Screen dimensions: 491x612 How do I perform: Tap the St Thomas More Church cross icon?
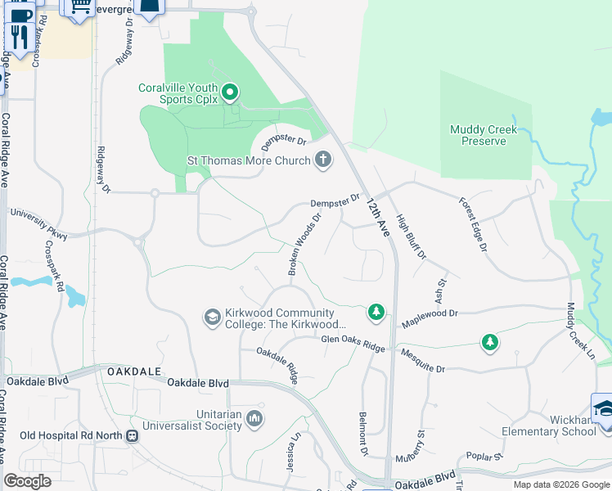[x=324, y=160]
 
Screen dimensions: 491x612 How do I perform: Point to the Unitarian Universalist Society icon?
[x=254, y=419]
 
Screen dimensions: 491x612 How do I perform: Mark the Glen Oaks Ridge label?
[x=353, y=344]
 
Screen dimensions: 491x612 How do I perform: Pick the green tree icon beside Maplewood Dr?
[x=376, y=311]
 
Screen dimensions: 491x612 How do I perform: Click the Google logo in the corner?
[x=28, y=481]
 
